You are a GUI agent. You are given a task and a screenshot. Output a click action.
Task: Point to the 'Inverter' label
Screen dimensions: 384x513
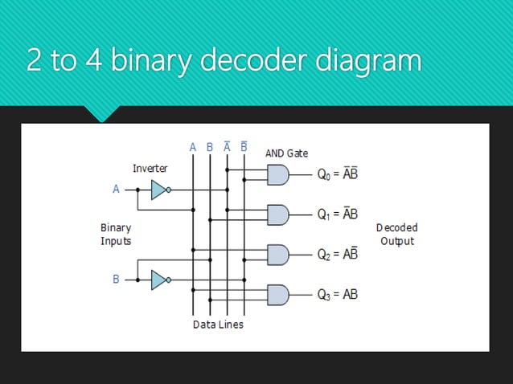coord(150,169)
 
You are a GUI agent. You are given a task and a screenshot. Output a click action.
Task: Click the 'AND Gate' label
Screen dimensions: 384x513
coord(286,153)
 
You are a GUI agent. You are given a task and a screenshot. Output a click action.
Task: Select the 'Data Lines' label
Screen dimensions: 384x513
coord(218,325)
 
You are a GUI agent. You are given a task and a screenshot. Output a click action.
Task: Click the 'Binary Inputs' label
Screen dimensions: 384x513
coord(116,235)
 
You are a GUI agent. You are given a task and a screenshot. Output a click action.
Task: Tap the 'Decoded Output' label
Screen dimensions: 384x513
coord(397,235)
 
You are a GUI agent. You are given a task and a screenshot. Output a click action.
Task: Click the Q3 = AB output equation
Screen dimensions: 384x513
coord(338,295)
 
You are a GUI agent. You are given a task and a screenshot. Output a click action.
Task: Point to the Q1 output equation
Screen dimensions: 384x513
coord(338,215)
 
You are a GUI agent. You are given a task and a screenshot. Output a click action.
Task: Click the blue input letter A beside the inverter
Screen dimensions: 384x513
coord(116,190)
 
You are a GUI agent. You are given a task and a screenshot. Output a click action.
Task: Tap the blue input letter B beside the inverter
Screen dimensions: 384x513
coord(116,280)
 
